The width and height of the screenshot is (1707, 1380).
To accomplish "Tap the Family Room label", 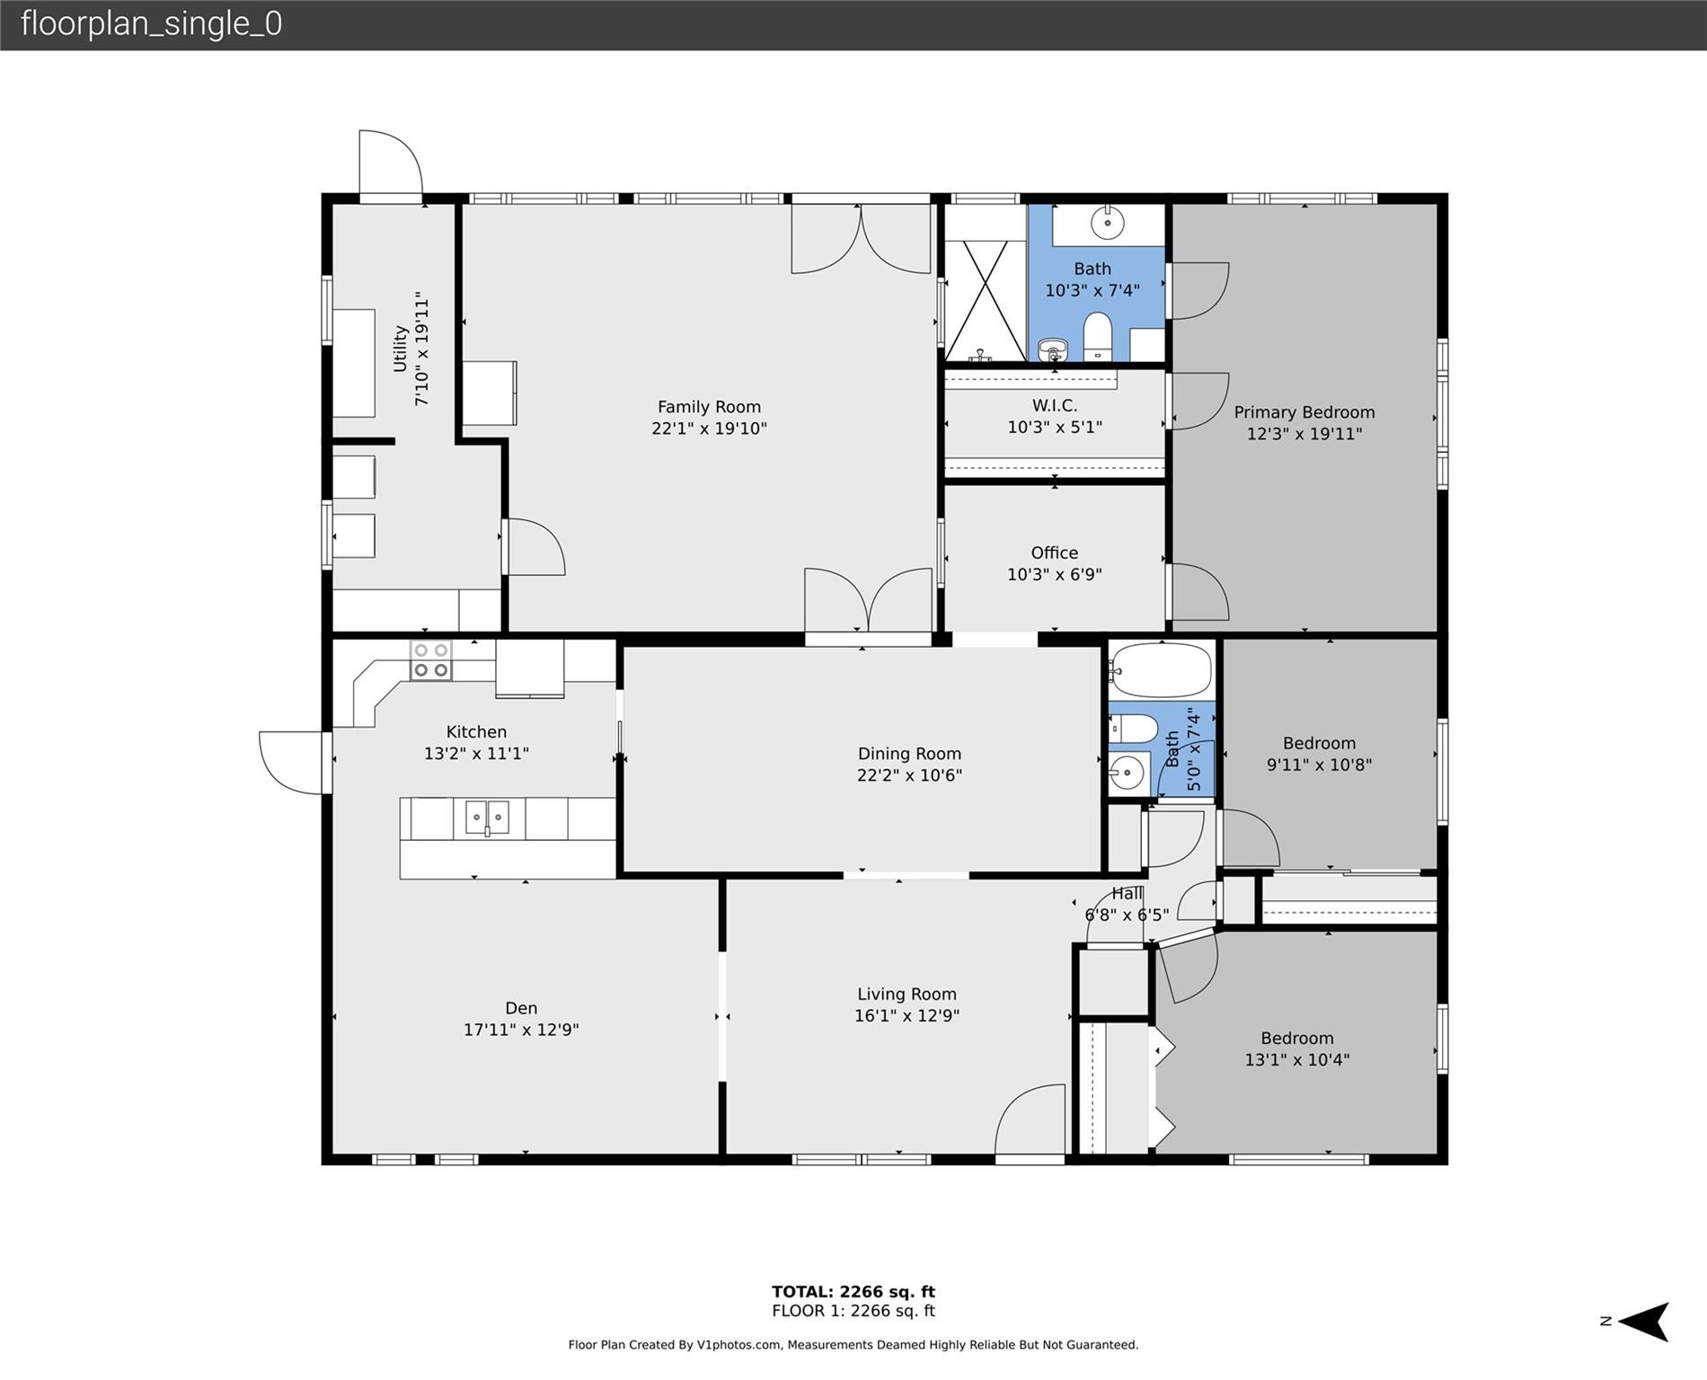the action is (709, 407).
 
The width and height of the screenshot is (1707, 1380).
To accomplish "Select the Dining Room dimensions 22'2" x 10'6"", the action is (909, 775).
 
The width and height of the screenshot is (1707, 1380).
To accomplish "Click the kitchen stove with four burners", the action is (430, 660).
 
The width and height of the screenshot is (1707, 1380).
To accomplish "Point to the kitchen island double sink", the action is (487, 818).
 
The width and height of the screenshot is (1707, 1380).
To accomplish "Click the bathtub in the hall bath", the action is (1161, 670).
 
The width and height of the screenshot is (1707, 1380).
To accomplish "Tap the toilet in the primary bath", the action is (1098, 337).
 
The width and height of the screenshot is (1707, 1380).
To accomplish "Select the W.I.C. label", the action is (1055, 406).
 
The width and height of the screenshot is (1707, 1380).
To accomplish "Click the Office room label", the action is (1055, 553).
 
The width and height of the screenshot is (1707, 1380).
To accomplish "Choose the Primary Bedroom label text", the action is (1305, 412).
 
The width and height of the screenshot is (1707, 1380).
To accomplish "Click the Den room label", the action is (521, 1008).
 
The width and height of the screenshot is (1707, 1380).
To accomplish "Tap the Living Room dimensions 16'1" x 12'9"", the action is (907, 1016).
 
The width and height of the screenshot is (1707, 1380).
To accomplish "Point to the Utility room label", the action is (400, 348).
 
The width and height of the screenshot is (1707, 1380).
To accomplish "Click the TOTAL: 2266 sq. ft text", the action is (853, 1292).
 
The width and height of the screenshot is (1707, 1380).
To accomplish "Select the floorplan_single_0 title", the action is (151, 24).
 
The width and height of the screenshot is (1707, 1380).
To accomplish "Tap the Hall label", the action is (1128, 893).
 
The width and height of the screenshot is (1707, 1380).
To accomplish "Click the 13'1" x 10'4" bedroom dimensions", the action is (1297, 1060).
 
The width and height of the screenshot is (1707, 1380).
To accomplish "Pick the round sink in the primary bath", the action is (1109, 222).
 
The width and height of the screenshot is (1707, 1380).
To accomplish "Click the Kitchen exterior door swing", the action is (292, 763).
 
